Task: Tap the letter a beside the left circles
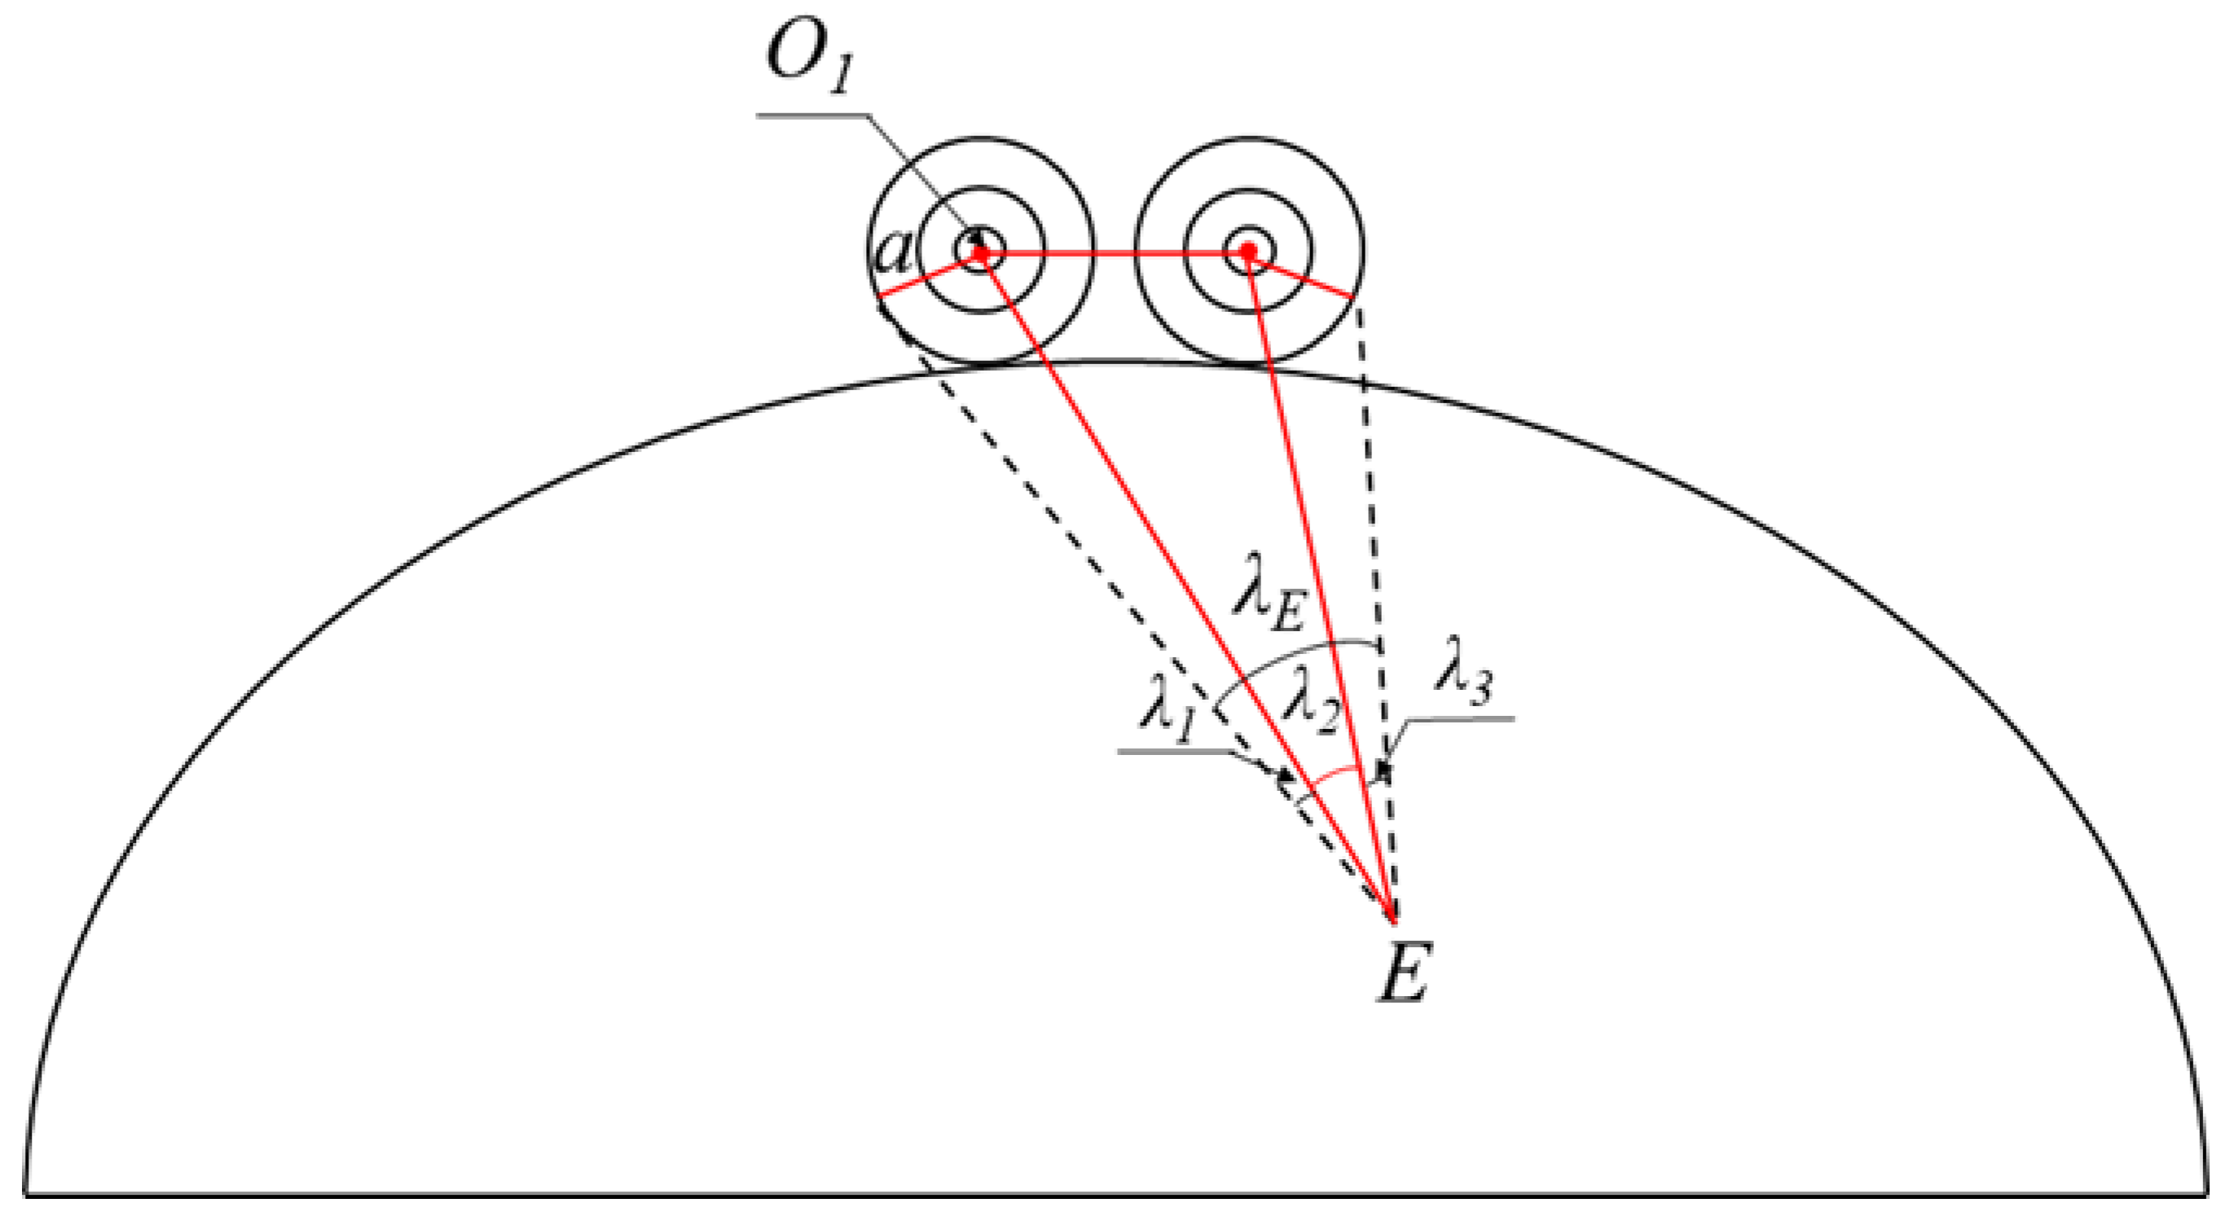click(893, 252)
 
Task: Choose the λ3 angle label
click(1463, 683)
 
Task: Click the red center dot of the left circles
click(980, 253)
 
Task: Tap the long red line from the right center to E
click(1319, 586)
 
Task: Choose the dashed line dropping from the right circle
click(1375, 586)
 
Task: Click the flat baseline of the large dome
click(1112, 1195)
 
